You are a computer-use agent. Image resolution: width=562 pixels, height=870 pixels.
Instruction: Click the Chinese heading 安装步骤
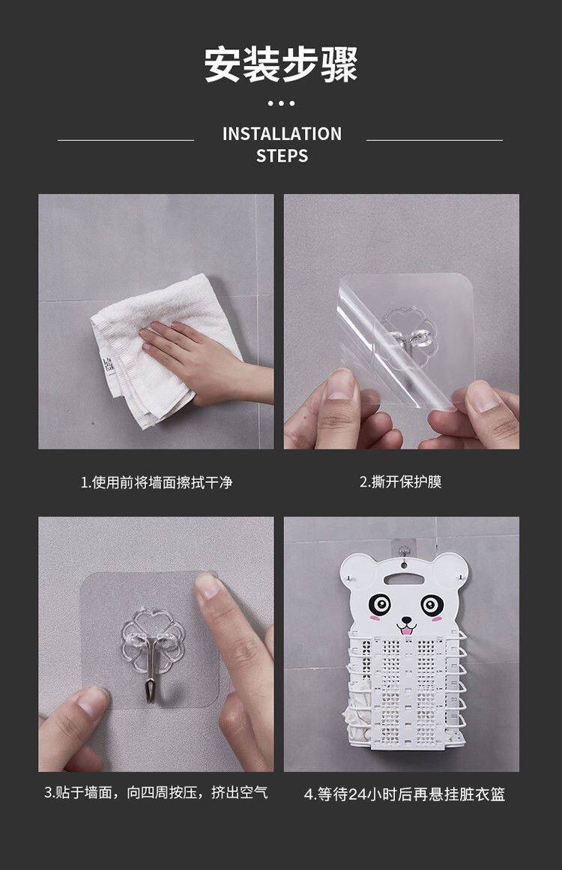pos(281,64)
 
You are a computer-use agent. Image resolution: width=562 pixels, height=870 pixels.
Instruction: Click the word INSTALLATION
pos(282,134)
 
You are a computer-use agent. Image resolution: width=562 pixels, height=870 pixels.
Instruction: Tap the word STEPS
pos(282,156)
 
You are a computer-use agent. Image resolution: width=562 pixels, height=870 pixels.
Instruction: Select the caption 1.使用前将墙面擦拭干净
pos(156,482)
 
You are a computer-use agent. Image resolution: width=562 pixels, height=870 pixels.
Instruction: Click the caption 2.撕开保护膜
pos(400,481)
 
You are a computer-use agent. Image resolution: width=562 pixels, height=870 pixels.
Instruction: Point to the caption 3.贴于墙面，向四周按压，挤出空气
pos(156,792)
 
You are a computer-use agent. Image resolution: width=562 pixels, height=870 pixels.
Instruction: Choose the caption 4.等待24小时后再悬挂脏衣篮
pos(405,794)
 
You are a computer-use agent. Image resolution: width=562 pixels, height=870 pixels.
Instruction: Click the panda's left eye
pos(380,603)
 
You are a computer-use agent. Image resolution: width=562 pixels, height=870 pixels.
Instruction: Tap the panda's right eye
pos(432,604)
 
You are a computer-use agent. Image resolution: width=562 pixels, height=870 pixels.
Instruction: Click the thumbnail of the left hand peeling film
pos(340,385)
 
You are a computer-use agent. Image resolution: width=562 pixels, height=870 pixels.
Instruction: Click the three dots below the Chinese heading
pos(281,103)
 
